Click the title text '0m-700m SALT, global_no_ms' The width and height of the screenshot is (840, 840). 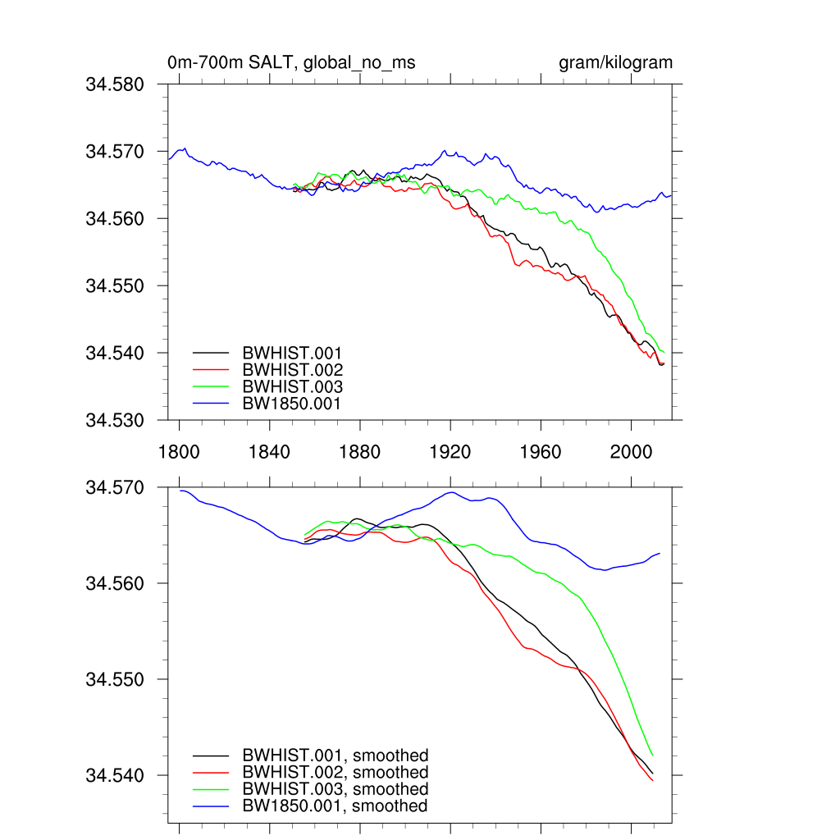coord(291,63)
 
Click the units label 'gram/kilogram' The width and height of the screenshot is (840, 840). coord(615,63)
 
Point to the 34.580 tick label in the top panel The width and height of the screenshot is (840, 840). coord(116,84)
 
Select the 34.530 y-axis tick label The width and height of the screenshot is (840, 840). coord(116,420)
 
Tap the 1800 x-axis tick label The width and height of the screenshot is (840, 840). coord(180,452)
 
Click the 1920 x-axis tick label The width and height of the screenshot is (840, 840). coord(450,452)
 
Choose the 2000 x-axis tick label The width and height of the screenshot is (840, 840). coord(631,452)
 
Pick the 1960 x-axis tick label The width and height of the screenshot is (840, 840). coord(541,452)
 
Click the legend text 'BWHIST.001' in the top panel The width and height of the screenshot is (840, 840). coord(292,354)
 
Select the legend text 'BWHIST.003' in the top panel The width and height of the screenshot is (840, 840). coord(292,387)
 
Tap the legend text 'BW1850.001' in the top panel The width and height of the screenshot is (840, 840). coord(291,404)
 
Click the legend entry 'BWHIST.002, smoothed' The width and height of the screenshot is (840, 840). coord(336,773)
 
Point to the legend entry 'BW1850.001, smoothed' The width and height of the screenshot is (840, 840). coord(336,806)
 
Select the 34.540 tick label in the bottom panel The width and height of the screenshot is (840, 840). coord(116,775)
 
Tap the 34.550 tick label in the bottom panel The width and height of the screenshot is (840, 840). coord(116,679)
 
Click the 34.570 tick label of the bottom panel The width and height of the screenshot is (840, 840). coord(116,487)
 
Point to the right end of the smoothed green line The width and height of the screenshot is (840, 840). coord(652,755)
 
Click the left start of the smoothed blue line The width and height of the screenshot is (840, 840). coord(180,491)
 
